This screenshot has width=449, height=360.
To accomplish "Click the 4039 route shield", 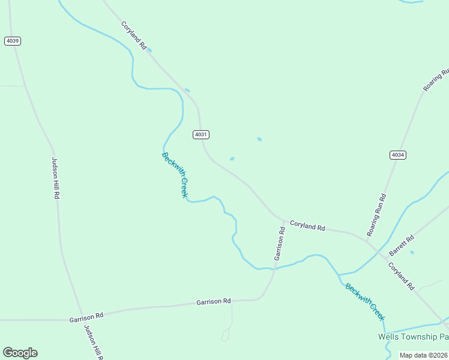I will [x=12, y=41].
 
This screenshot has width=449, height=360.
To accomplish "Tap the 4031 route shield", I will [x=201, y=134].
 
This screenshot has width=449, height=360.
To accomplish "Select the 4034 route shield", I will [x=397, y=155].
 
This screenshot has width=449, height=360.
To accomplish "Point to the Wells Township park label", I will [x=413, y=337].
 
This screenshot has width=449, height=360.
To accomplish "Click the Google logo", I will [x=20, y=353].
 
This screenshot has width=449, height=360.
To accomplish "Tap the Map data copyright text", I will [x=424, y=355].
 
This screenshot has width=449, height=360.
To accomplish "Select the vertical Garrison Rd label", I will [x=280, y=243].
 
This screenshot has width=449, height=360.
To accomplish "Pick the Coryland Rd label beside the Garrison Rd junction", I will [x=307, y=226].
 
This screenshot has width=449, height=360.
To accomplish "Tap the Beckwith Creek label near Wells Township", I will [x=365, y=302].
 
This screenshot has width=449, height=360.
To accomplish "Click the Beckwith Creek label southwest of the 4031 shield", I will [x=175, y=175].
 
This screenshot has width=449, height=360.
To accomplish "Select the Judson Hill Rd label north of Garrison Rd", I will [x=55, y=178].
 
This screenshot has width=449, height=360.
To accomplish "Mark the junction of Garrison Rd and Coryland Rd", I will [x=284, y=220].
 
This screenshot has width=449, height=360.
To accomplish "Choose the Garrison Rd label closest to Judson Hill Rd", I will [x=86, y=314].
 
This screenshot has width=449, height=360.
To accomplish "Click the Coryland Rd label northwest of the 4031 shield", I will [x=134, y=35].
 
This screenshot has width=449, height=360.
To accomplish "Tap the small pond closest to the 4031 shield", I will [x=232, y=159].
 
